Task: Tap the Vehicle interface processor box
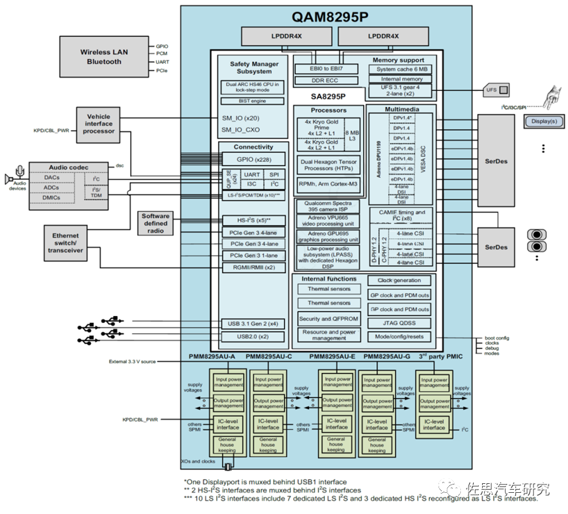tap(98, 124)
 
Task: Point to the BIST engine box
tap(254, 101)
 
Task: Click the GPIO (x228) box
tap(254, 159)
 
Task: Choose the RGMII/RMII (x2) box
tap(254, 267)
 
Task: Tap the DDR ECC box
tap(324, 81)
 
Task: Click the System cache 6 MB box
tap(402, 69)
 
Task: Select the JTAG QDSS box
tap(399, 324)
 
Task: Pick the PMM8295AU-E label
tap(332, 356)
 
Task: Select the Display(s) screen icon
tap(543, 121)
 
